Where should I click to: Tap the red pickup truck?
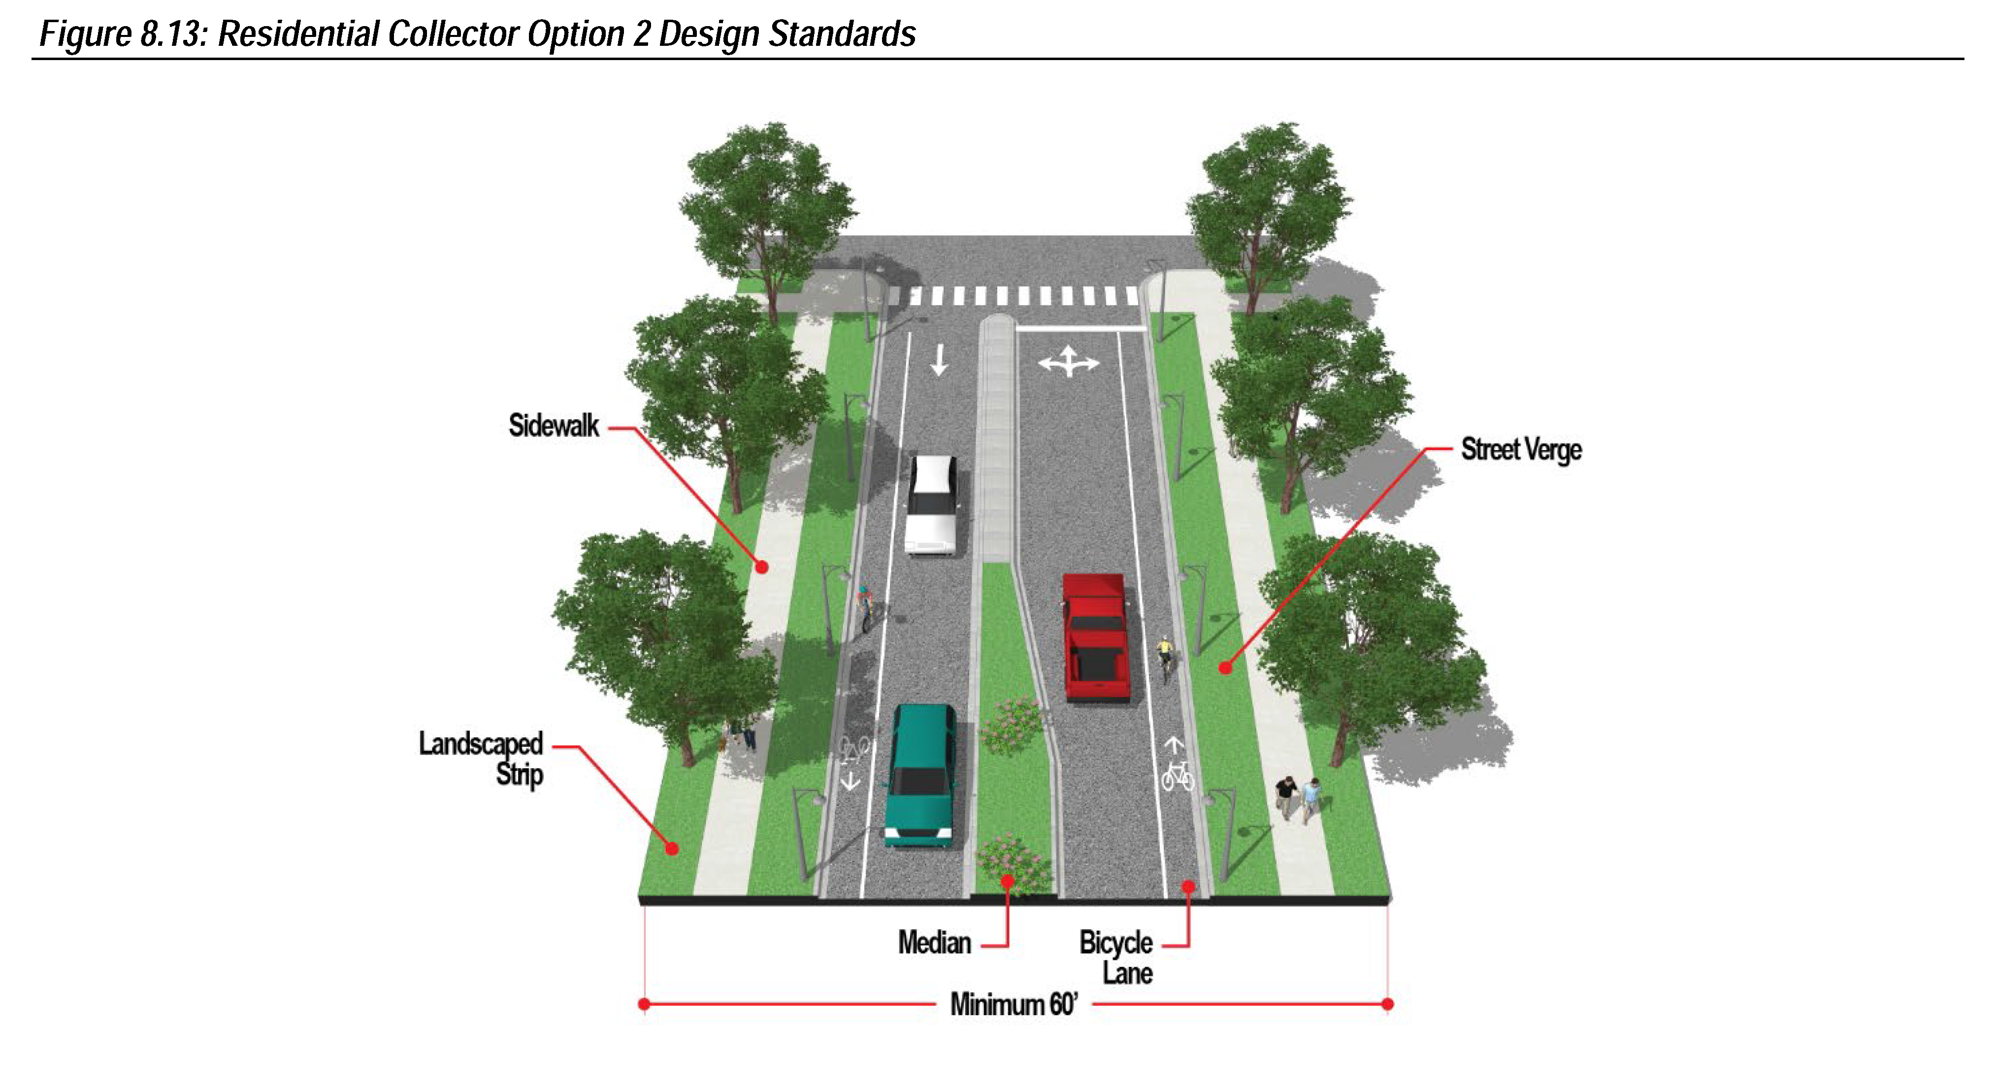tap(1094, 637)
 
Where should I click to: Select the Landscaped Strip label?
tap(482, 758)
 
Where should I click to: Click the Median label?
tap(934, 943)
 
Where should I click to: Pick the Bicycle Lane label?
tap(1116, 957)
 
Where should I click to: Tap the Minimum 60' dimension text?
tap(1013, 1004)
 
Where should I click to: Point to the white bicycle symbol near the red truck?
tap(1177, 774)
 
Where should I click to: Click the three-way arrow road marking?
tap(1068, 362)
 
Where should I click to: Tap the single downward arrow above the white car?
tap(939, 360)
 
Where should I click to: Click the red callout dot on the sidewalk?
tap(761, 567)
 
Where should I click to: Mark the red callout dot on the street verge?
tap(1224, 667)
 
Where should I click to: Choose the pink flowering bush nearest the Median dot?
tap(1007, 859)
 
